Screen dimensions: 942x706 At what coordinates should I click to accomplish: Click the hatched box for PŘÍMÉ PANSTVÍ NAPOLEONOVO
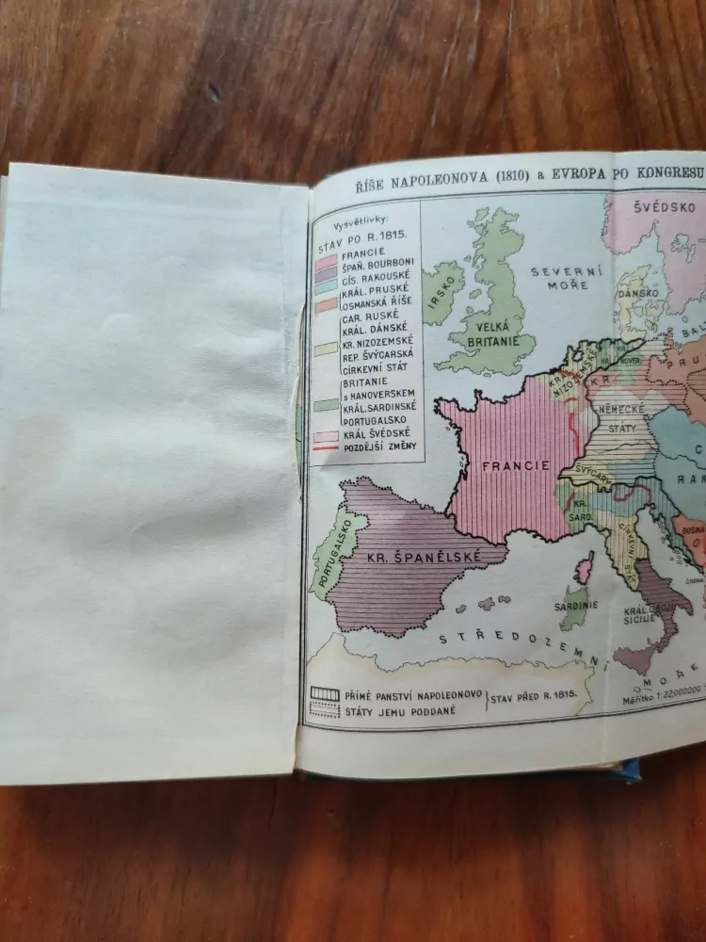(325, 695)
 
